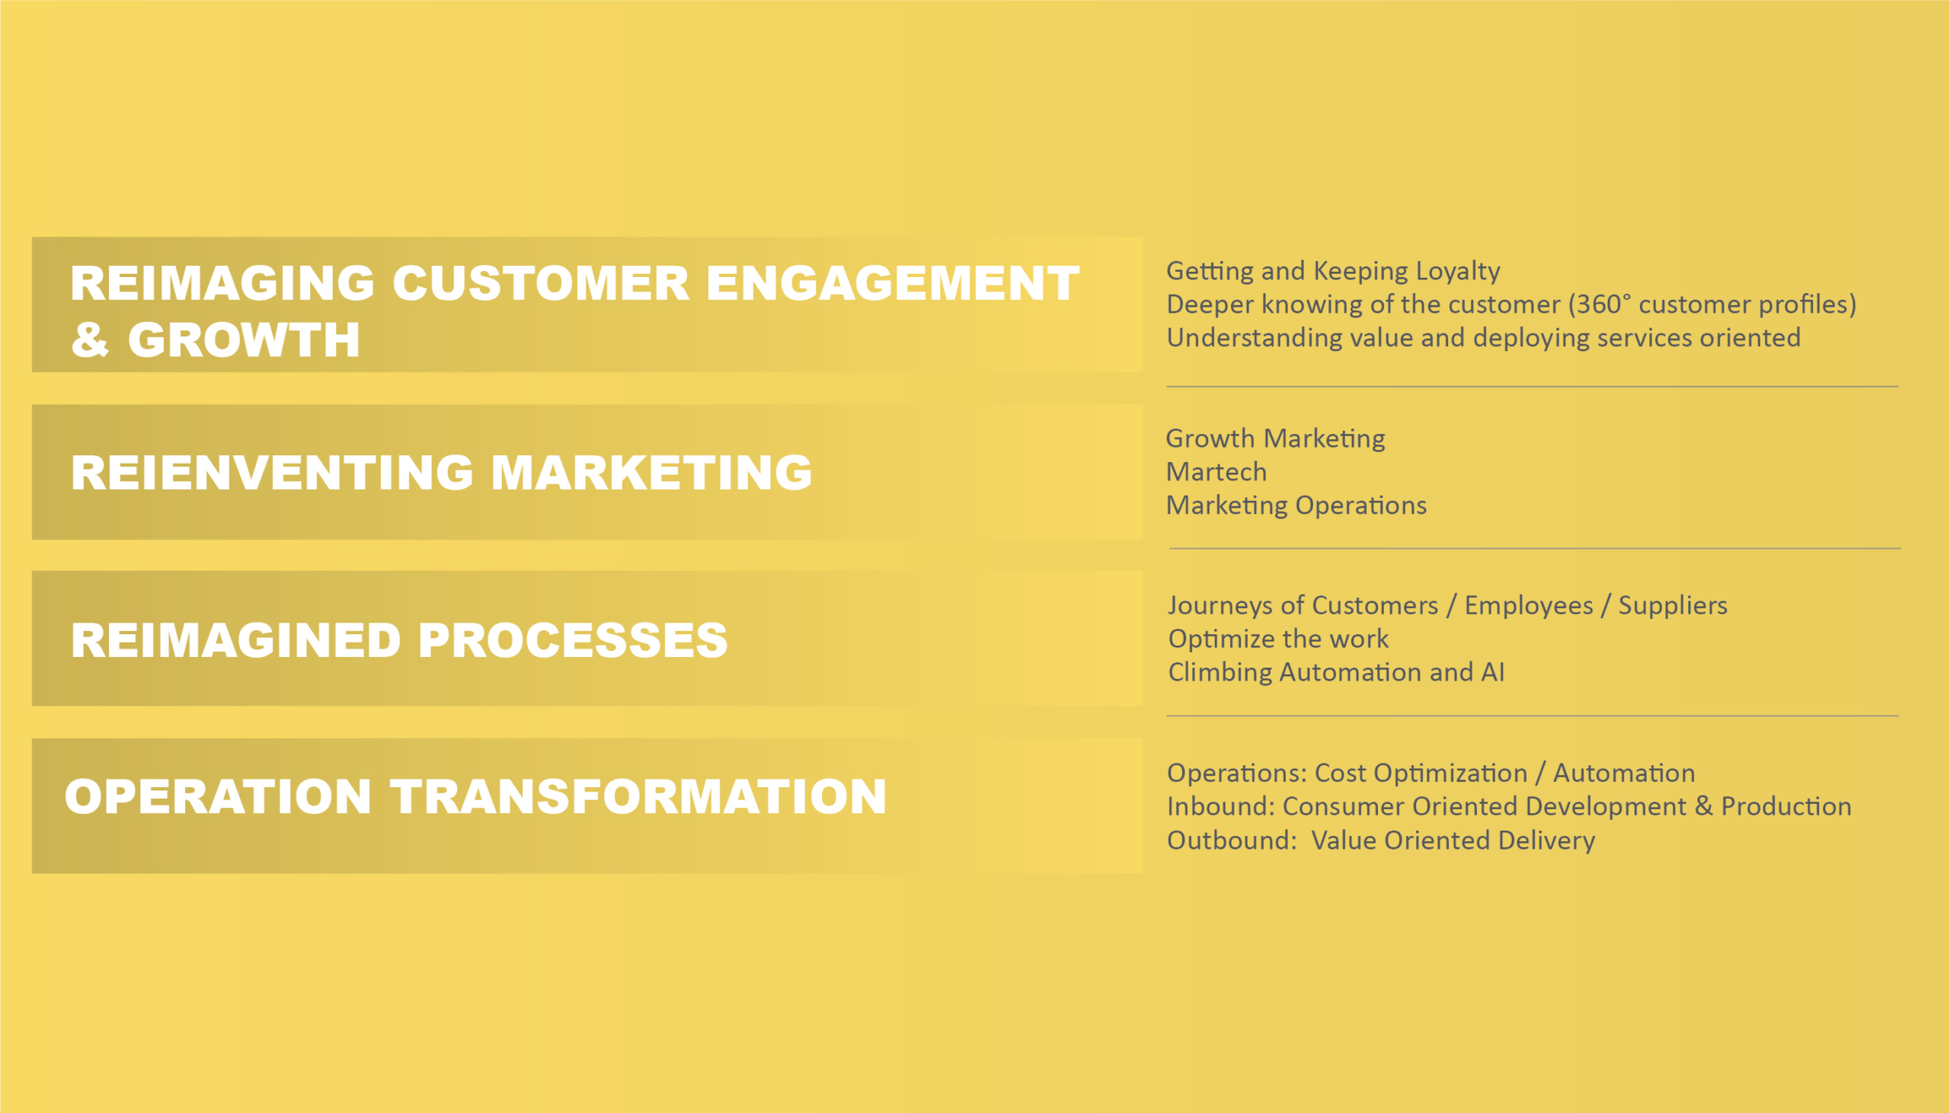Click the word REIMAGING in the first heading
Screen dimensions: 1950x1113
pyautogui.click(x=222, y=284)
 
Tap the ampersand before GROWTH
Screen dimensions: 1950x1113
pyautogui.click(x=89, y=340)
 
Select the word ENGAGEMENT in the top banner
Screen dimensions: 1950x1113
pyautogui.click(x=893, y=284)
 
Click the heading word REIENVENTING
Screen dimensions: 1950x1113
pyautogui.click(x=272, y=473)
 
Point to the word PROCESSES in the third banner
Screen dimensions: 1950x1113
pyautogui.click(x=573, y=639)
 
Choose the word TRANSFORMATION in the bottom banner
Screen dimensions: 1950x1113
pyautogui.click(x=638, y=796)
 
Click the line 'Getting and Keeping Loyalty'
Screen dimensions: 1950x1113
pyautogui.click(x=1333, y=271)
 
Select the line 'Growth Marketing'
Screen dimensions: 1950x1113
pyautogui.click(x=1276, y=439)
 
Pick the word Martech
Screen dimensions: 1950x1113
pyautogui.click(x=1216, y=472)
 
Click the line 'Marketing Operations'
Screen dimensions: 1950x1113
pyautogui.click(x=1296, y=506)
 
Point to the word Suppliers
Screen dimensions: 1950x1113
pyautogui.click(x=1673, y=605)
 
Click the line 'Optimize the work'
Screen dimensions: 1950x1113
pyautogui.click(x=1279, y=639)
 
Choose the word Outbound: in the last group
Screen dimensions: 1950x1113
pyautogui.click(x=1232, y=840)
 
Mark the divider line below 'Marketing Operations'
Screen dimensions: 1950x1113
pyautogui.click(x=1535, y=549)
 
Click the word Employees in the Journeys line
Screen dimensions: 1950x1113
pyautogui.click(x=1529, y=605)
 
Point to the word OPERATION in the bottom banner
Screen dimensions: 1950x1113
pyautogui.click(x=218, y=796)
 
